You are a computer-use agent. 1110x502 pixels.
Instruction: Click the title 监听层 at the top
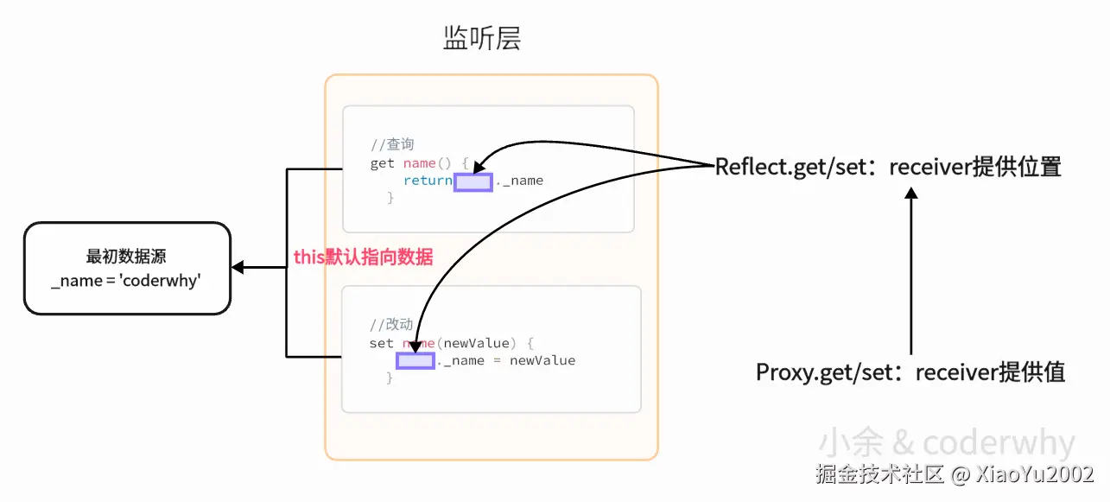pyautogui.click(x=481, y=39)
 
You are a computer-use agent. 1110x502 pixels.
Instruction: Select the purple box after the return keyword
pyautogui.click(x=473, y=181)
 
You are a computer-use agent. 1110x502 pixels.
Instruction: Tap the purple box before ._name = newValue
pyautogui.click(x=415, y=360)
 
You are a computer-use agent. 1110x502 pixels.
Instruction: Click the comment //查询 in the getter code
pyautogui.click(x=392, y=145)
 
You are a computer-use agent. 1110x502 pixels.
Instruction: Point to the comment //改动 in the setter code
pyautogui.click(x=391, y=325)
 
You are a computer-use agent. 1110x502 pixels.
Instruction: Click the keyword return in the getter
pyautogui.click(x=428, y=181)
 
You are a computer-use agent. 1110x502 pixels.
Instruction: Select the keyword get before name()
pyautogui.click(x=382, y=163)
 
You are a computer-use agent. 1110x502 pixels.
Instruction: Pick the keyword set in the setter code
pyautogui.click(x=381, y=343)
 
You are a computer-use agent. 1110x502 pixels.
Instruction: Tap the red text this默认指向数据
pyautogui.click(x=364, y=257)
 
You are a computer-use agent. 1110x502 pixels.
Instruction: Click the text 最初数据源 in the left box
pyautogui.click(x=126, y=257)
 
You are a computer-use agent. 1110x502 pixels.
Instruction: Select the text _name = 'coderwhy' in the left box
pyautogui.click(x=126, y=281)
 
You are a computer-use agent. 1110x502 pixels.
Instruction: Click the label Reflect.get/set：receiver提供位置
pyautogui.click(x=888, y=168)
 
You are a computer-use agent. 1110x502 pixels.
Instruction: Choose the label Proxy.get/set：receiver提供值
pyautogui.click(x=910, y=372)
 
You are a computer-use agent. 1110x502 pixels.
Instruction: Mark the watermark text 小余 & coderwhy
pyautogui.click(x=946, y=443)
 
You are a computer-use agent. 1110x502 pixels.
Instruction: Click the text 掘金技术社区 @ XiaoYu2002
pyautogui.click(x=955, y=474)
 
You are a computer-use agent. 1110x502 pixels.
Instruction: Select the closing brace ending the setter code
pyautogui.click(x=390, y=378)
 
